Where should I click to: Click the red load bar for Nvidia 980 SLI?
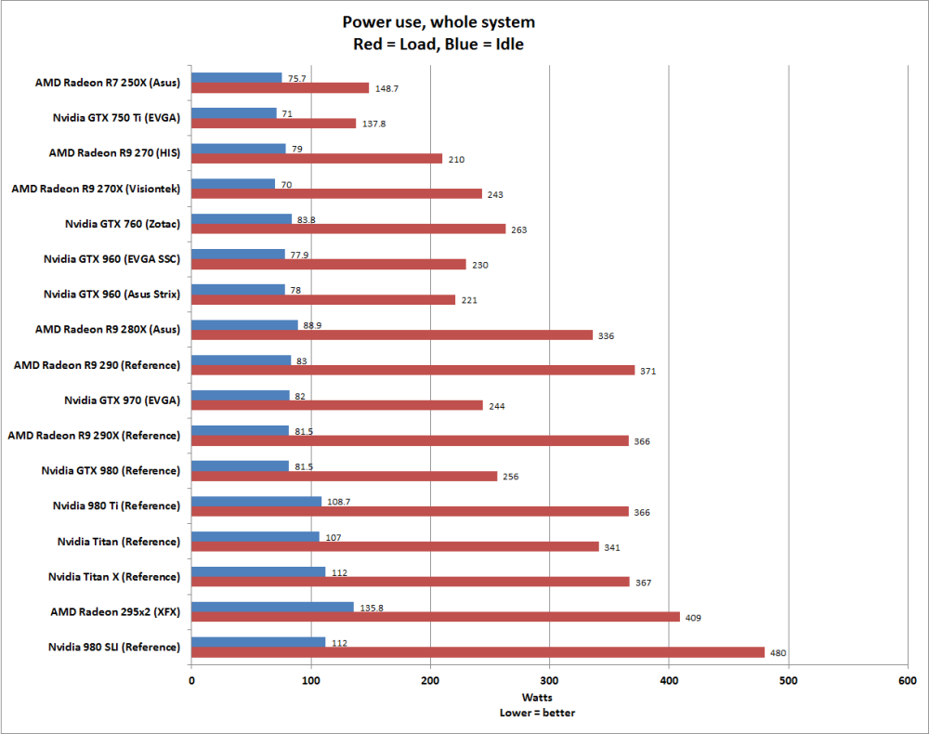pos(478,652)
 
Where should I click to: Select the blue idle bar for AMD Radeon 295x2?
pos(272,607)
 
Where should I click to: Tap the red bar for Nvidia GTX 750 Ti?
pos(273,123)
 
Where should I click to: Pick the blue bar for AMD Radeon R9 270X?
pos(233,184)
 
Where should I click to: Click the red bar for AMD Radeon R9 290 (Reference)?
pos(412,370)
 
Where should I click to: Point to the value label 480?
pos(779,653)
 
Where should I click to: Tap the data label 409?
pos(692,618)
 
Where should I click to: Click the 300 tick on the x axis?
pos(549,681)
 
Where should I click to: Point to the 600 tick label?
pos(907,681)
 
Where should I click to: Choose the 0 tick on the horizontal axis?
pos(191,681)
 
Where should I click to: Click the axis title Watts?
pos(548,698)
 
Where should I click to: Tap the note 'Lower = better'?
pos(548,713)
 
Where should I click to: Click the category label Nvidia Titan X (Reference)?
pos(114,576)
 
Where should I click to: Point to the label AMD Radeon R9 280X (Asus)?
pos(108,329)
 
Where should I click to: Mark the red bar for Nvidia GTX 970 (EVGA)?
pos(337,405)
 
